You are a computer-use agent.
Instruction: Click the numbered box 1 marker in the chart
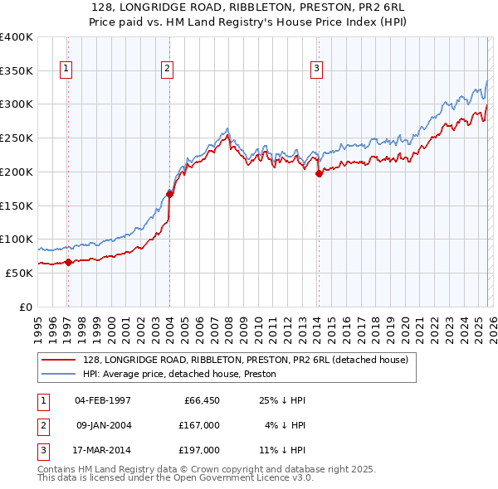[66, 70]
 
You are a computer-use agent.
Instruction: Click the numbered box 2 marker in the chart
[167, 70]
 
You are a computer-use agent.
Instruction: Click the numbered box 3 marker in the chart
[316, 70]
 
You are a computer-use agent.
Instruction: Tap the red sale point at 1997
[68, 262]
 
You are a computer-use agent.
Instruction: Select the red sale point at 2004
[169, 194]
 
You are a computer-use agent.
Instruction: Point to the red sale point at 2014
[319, 173]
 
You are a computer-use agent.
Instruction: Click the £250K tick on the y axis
[17, 138]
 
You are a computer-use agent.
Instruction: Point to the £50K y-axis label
[19, 273]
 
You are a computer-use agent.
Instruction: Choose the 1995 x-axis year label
[38, 327]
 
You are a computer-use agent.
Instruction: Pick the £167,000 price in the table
[199, 425]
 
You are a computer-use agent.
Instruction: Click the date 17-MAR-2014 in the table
[103, 450]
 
